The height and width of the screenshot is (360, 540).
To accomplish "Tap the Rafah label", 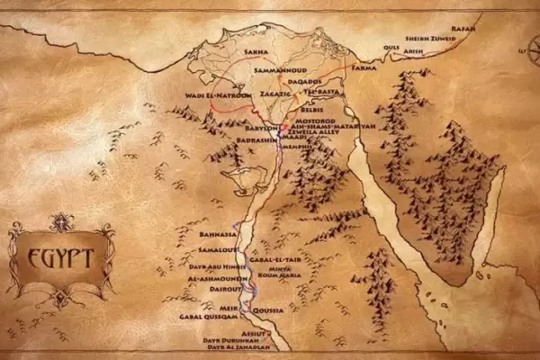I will [464, 28].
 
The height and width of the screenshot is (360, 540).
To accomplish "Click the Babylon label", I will [260, 129].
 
